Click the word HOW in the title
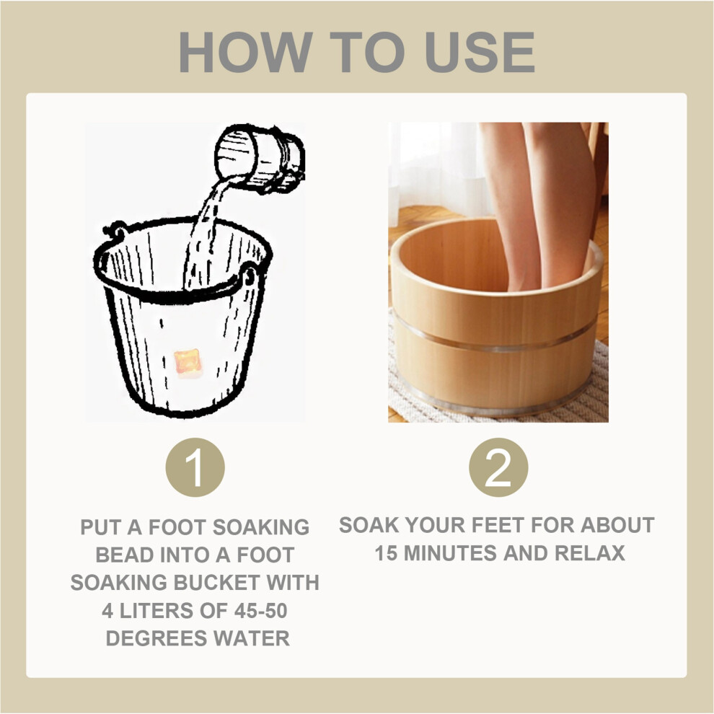click(x=246, y=52)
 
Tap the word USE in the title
click(x=480, y=52)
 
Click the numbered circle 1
click(x=195, y=467)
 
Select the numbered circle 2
click(x=498, y=467)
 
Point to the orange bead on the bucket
click(x=188, y=363)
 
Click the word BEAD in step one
click(x=118, y=555)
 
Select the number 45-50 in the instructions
click(x=260, y=611)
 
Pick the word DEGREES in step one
click(x=156, y=638)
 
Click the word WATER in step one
click(x=252, y=638)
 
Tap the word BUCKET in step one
click(x=216, y=583)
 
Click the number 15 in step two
click(x=386, y=553)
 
